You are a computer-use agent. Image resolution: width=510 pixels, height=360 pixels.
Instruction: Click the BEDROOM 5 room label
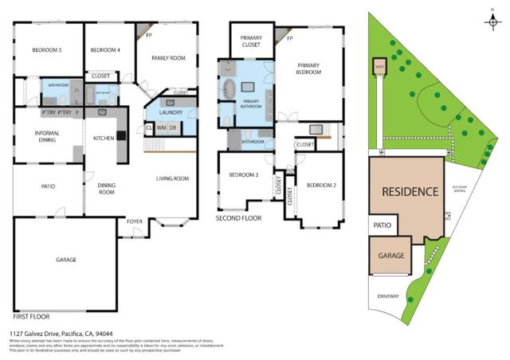47,50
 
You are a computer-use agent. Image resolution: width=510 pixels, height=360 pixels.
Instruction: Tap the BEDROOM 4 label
105,50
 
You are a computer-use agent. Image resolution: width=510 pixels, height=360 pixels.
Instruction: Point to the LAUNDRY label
171,112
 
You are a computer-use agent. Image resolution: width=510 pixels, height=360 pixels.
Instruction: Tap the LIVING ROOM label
172,178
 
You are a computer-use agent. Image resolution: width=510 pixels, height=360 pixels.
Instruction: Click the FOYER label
124,233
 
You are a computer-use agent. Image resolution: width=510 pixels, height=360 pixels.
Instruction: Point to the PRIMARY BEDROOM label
308,68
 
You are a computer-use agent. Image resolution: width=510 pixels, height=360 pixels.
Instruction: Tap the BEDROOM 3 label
244,174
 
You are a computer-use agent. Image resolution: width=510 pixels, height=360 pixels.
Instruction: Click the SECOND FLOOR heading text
238,217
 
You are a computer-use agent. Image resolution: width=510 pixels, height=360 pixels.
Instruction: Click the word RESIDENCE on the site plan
410,192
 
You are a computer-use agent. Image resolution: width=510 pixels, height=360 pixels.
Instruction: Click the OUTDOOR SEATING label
459,189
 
